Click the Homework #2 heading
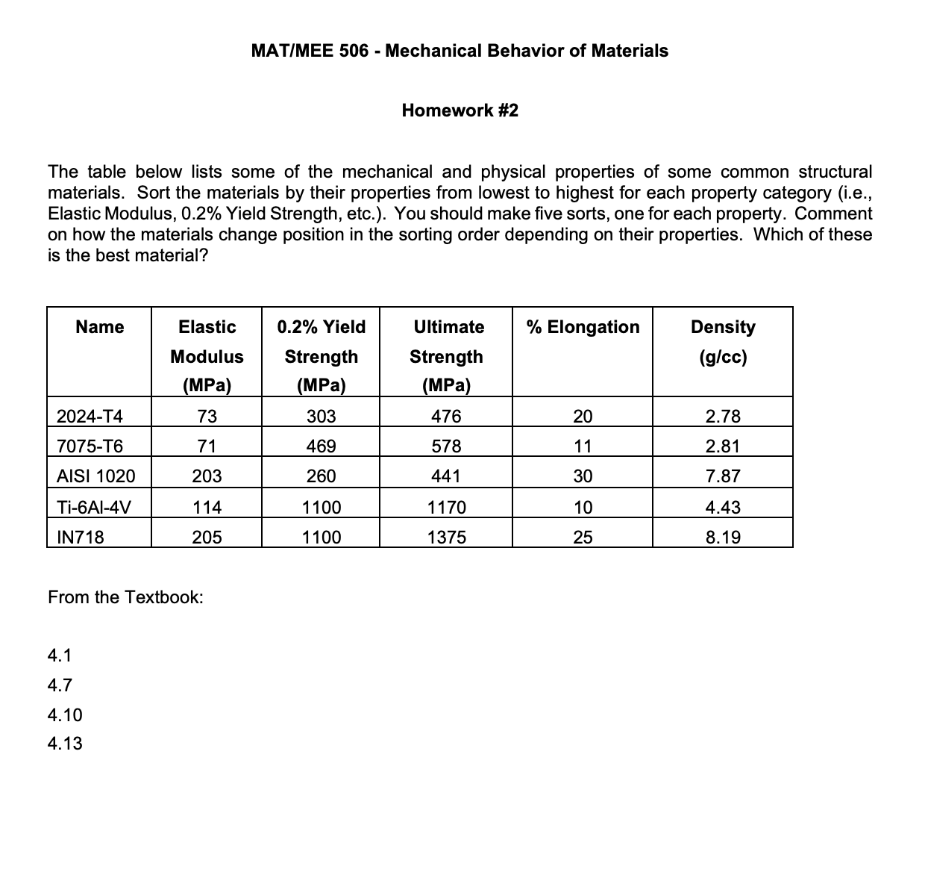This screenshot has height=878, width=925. click(x=460, y=110)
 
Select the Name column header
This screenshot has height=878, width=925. click(x=100, y=327)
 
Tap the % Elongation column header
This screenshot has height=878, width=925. click(x=583, y=327)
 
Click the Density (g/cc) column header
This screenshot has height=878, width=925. click(x=723, y=341)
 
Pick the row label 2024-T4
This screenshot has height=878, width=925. click(x=90, y=416)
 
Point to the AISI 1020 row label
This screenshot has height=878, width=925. click(x=96, y=476)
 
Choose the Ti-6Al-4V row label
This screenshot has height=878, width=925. click(x=94, y=508)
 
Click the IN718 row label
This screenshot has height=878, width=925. click(x=81, y=537)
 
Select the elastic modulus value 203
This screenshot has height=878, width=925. click(x=207, y=476)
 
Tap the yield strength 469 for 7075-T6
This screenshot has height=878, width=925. click(x=321, y=446)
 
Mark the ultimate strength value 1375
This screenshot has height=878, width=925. click(x=446, y=537)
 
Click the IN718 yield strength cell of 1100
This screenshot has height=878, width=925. click(x=321, y=537)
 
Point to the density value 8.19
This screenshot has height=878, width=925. click(x=723, y=537)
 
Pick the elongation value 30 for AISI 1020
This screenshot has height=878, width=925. click(x=583, y=476)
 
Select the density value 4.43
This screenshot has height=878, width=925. click(x=723, y=508)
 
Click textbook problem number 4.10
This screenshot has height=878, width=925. click(x=65, y=715)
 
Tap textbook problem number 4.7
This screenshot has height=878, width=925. click(x=60, y=685)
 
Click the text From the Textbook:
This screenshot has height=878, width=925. click(x=125, y=597)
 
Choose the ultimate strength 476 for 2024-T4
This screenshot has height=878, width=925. click(x=446, y=416)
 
